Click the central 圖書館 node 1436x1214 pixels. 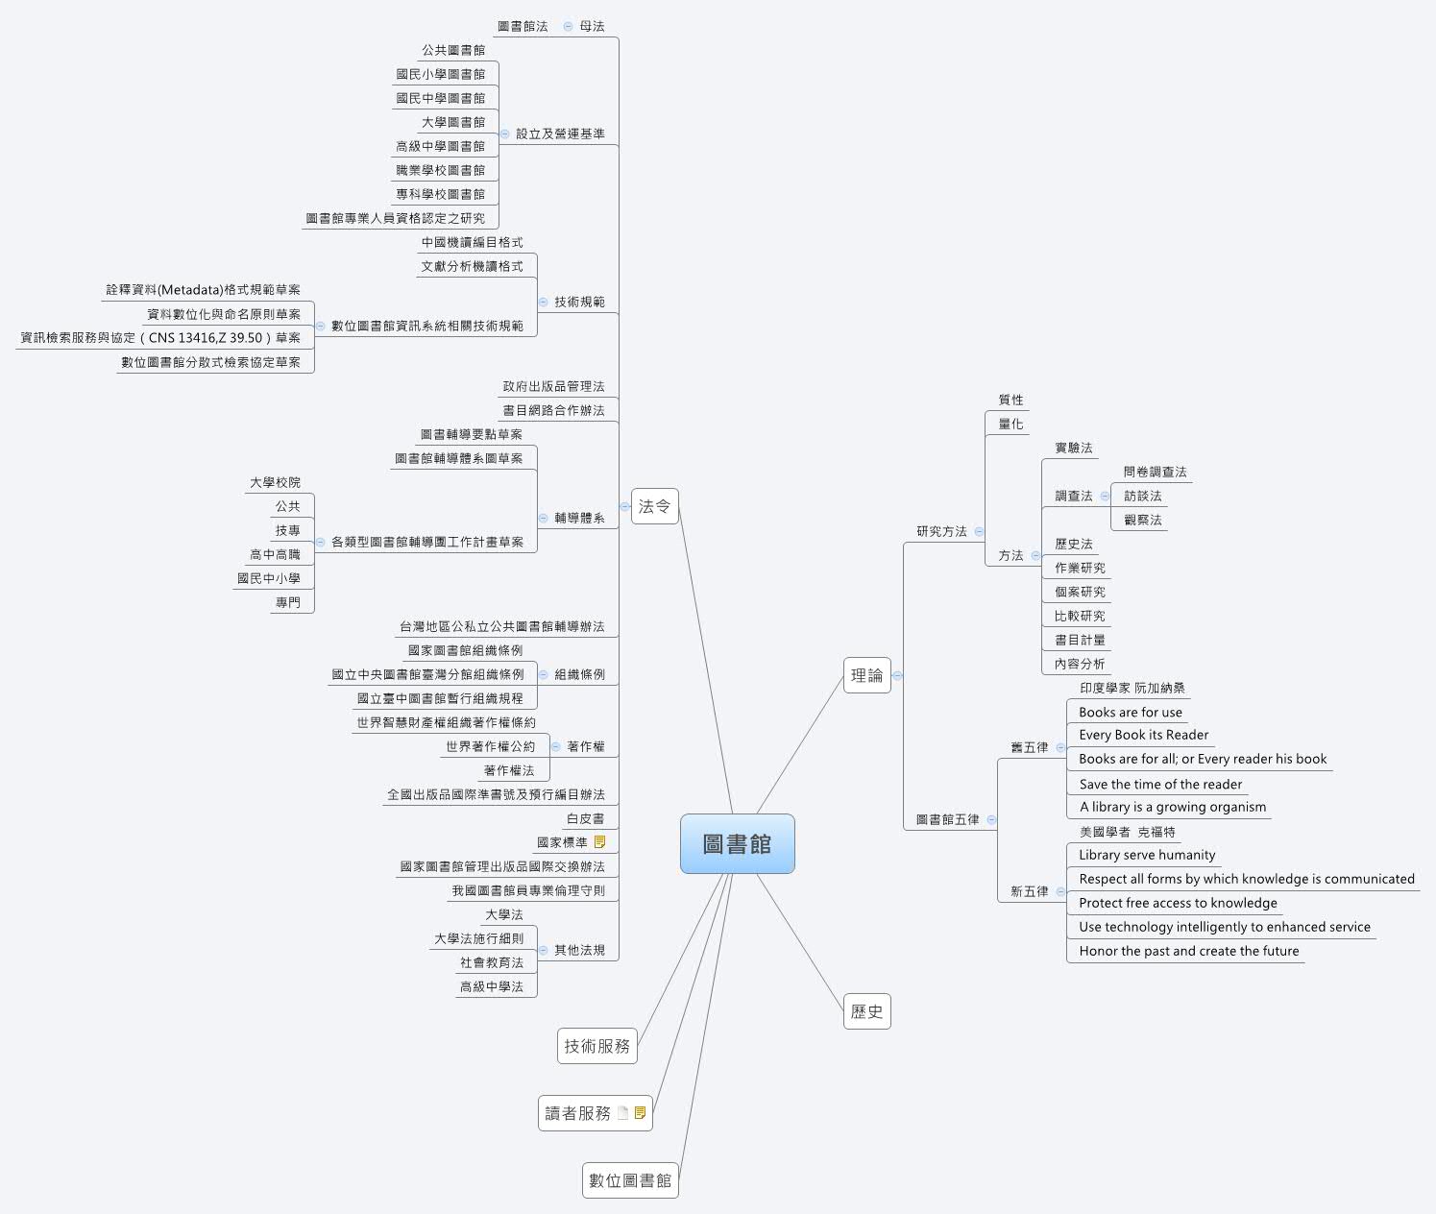tap(737, 844)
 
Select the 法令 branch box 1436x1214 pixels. tap(655, 506)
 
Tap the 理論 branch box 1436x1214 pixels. tap(866, 675)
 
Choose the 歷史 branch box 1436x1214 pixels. tap(866, 1011)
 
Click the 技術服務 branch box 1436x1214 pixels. tap(596, 1046)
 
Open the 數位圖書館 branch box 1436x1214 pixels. tap(630, 1180)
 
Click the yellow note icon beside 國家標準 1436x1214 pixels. tap(600, 842)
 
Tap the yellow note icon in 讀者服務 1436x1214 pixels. tap(641, 1113)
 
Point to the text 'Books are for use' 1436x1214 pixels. tap(1130, 713)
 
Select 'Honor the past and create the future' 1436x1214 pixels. tap(1188, 952)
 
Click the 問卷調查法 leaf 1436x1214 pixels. tap(1155, 473)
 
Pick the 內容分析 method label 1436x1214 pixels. tap(1080, 664)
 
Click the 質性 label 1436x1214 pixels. tap(1010, 401)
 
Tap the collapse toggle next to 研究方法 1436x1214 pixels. tap(979, 531)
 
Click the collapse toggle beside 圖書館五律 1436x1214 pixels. tap(991, 819)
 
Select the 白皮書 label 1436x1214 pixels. tap(585, 819)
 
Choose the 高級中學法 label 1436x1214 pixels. tap(491, 986)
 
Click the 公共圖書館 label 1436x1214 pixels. tap(453, 50)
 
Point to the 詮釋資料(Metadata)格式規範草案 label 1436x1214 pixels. tap(203, 290)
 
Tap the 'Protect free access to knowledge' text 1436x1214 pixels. tap(1178, 904)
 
